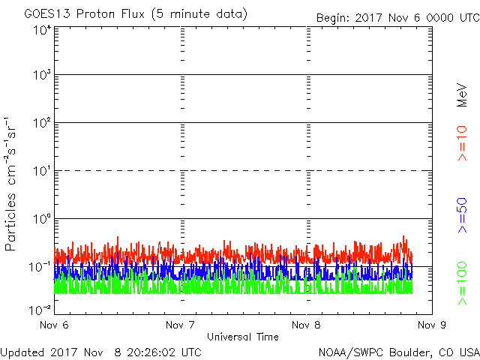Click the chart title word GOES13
tap(48, 14)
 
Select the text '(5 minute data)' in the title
tap(199, 14)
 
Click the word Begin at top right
tap(333, 18)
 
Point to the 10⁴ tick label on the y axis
tap(42, 31)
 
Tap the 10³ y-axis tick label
tap(42, 74)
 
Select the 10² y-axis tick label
tap(42, 122)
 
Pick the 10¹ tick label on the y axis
tap(42, 171)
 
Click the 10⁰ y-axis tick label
tap(42, 219)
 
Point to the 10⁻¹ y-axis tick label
tap(40, 267)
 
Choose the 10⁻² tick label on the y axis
tap(40, 310)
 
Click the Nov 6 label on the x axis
tap(54, 325)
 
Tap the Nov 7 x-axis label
tap(180, 325)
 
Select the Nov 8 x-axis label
tap(306, 325)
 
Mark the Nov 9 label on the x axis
tap(432, 325)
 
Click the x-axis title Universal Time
tap(243, 337)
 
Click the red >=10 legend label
tap(462, 143)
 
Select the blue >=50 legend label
tap(462, 215)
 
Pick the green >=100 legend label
tap(462, 283)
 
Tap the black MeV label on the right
tap(462, 95)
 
